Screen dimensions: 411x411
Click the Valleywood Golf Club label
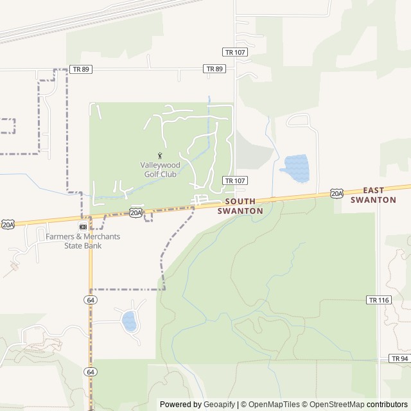(159, 170)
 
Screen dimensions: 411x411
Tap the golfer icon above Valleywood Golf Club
(159, 155)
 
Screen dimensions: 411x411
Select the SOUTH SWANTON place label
(240, 205)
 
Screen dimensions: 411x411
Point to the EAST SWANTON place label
(373, 195)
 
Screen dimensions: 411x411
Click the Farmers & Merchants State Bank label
(82, 241)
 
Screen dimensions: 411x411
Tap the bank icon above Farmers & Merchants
(83, 227)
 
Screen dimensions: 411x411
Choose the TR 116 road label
(379, 300)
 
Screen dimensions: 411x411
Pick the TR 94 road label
(399, 358)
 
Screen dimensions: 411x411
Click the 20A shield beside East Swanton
(337, 193)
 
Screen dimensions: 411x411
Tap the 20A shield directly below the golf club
(136, 212)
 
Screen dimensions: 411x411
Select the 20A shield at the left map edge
(7, 224)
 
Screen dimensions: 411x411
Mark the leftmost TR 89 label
(81, 69)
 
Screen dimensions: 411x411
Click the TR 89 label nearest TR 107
(214, 69)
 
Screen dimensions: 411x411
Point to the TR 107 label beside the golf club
(234, 180)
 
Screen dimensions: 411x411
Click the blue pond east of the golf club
(295, 168)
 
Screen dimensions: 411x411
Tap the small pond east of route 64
(130, 320)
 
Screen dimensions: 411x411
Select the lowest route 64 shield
(91, 372)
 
